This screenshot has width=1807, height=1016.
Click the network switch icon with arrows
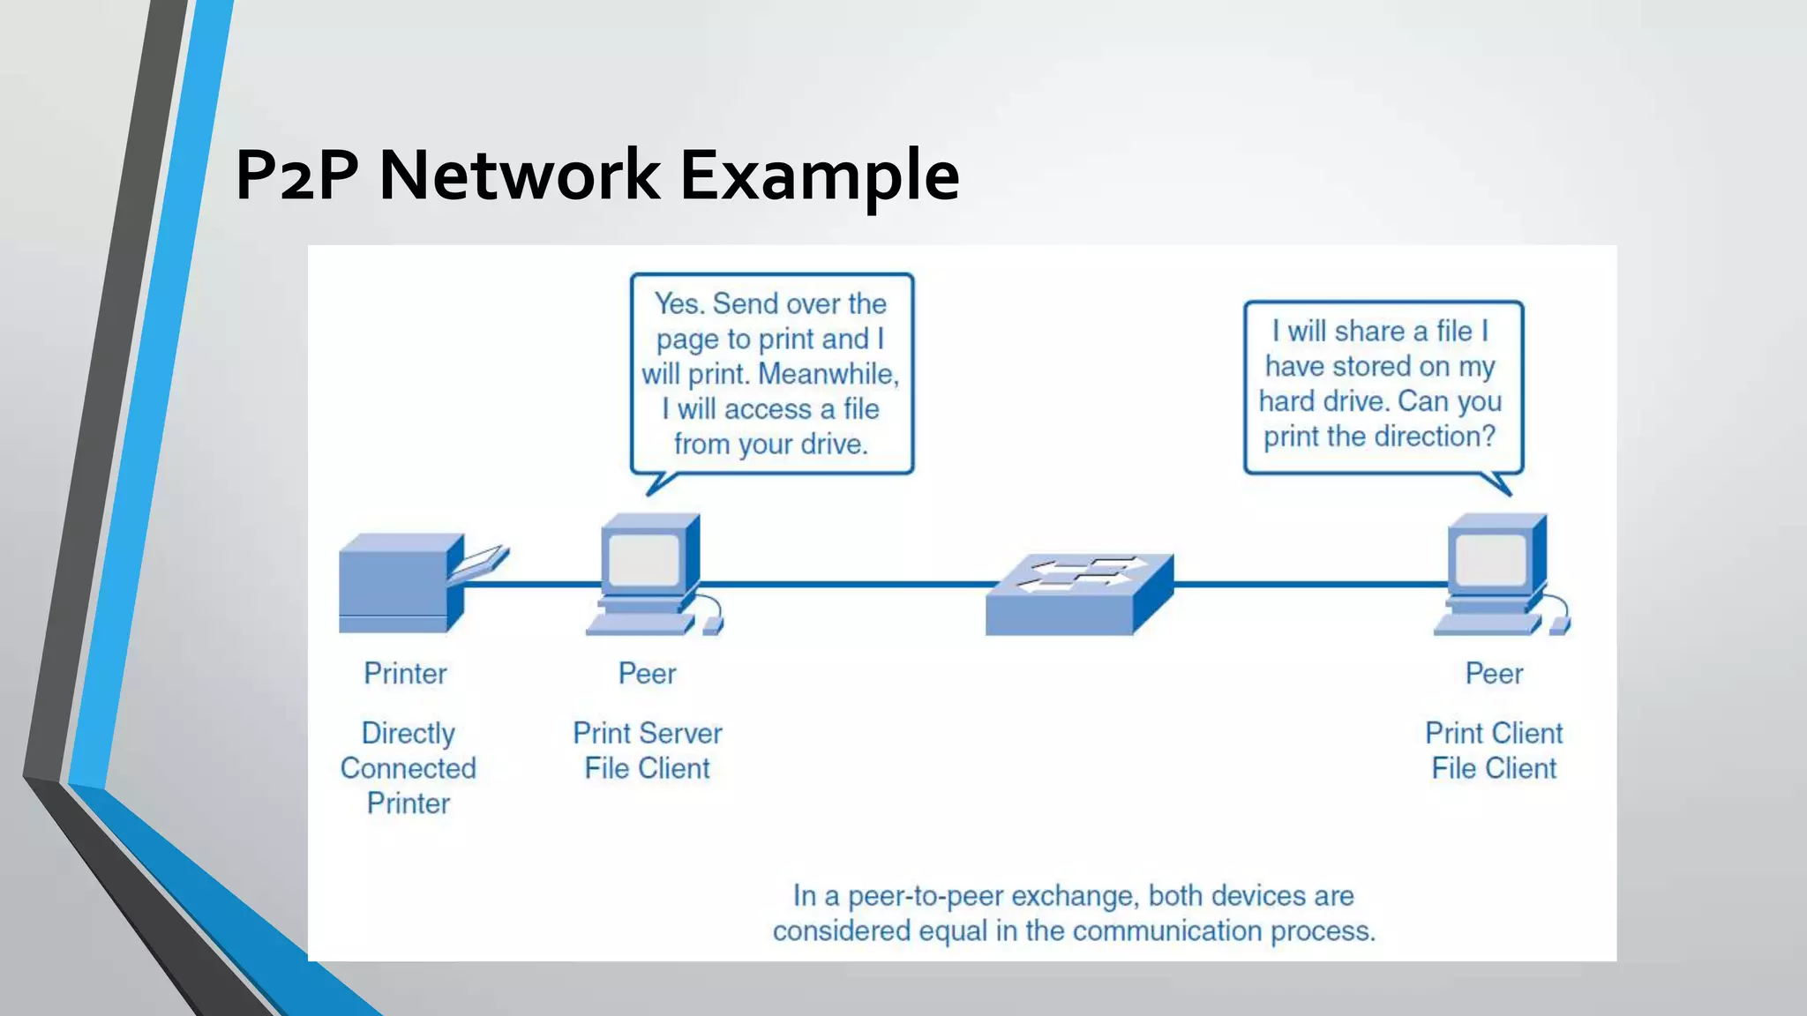pos(1078,594)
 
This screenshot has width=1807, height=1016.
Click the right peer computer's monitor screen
pos(1490,561)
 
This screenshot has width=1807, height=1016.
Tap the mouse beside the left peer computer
pos(713,625)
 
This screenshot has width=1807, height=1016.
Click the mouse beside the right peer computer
pos(1560,625)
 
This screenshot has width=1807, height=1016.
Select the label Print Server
pos(647,733)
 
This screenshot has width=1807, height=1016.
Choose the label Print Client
pos(1494,733)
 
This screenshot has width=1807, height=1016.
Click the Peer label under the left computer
pos(647,674)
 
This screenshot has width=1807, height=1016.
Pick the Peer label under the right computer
pos(1494,674)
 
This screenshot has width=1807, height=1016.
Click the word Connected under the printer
pos(408,768)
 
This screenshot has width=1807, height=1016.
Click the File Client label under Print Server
pos(647,768)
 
